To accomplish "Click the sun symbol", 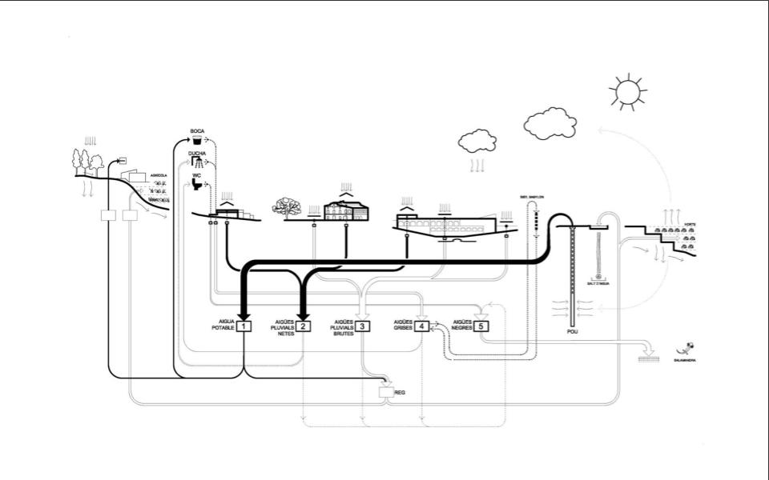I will (626, 92).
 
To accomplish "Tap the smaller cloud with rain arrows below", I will (477, 142).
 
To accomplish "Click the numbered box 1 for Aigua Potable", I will (244, 326).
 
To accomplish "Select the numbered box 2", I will (304, 326).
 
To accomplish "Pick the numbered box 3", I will (362, 326).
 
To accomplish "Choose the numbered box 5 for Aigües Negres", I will (480, 326).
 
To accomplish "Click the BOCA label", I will (197, 130).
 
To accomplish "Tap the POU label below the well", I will (572, 331).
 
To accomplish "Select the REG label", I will (401, 394).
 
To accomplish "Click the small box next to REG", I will (386, 393).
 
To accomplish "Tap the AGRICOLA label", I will (158, 174).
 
